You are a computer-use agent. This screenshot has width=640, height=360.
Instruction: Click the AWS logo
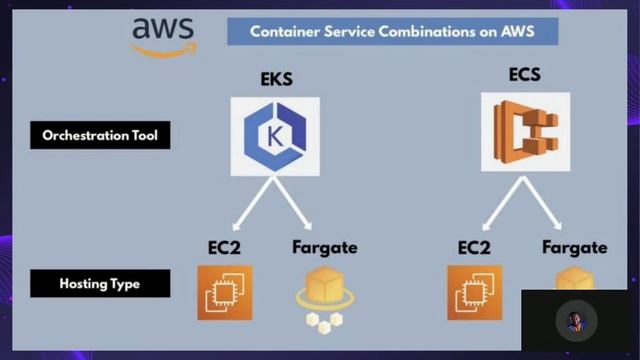(163, 36)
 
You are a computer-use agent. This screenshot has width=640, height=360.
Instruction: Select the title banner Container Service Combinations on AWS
(392, 31)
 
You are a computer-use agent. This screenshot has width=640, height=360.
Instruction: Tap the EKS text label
(275, 79)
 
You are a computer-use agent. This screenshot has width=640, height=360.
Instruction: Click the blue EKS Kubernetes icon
(275, 136)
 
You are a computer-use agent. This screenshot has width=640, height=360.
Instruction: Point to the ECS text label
(525, 74)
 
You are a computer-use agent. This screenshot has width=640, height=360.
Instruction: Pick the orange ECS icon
(525, 132)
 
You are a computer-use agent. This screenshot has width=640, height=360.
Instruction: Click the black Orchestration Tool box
(100, 134)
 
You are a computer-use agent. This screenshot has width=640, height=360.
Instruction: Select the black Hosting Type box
(100, 284)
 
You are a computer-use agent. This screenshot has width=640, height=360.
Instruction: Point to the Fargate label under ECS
(574, 247)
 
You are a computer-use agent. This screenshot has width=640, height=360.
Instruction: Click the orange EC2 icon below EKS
(225, 293)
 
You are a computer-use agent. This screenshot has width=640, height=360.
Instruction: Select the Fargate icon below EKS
(323, 297)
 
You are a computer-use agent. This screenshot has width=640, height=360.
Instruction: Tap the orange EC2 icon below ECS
(475, 293)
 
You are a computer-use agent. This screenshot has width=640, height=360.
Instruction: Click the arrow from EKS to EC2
(250, 206)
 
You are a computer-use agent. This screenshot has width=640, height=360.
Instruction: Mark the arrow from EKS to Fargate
(297, 206)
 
